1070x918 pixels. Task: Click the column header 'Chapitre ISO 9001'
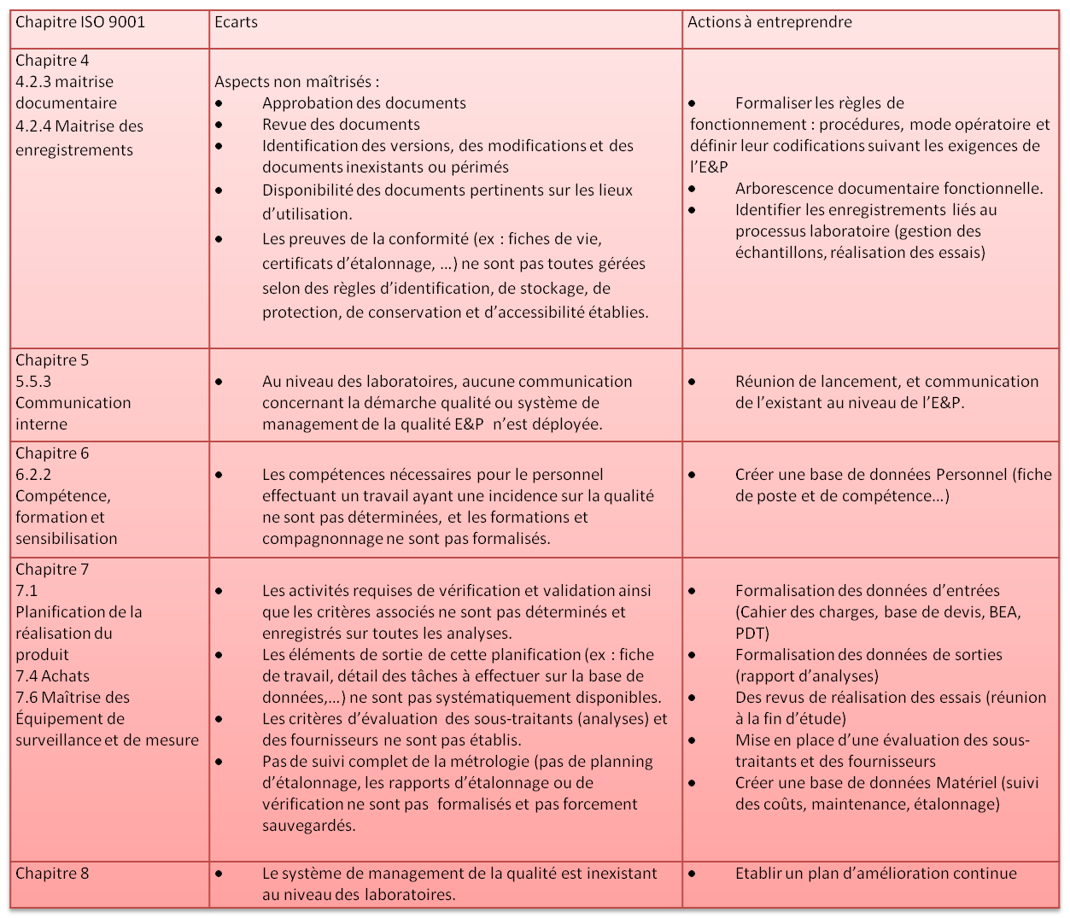pyautogui.click(x=80, y=22)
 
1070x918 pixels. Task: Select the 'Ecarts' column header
pyautogui.click(x=237, y=22)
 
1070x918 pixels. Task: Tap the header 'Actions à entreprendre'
pyautogui.click(x=769, y=22)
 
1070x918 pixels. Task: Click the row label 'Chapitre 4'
pyautogui.click(x=52, y=61)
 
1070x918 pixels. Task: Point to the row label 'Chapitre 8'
pyautogui.click(x=52, y=874)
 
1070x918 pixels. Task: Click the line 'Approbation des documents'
pyautogui.click(x=364, y=103)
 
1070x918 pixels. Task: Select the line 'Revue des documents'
pyautogui.click(x=341, y=125)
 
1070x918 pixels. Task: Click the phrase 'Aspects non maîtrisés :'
pyautogui.click(x=296, y=82)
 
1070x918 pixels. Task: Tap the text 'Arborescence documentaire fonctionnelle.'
pyautogui.click(x=889, y=189)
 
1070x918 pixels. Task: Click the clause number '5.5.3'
pyautogui.click(x=33, y=382)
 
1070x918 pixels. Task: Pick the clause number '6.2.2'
pyautogui.click(x=33, y=475)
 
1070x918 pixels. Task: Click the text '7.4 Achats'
pyautogui.click(x=52, y=676)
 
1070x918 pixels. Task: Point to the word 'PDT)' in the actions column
pyautogui.click(x=752, y=634)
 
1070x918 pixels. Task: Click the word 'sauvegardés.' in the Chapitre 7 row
pyautogui.click(x=309, y=826)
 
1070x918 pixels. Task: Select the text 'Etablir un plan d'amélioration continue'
pyautogui.click(x=875, y=874)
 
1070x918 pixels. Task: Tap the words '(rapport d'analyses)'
pyautogui.click(x=807, y=676)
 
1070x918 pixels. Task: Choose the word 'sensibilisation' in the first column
pyautogui.click(x=66, y=539)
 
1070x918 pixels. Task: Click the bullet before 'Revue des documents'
pyautogui.click(x=220, y=125)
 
